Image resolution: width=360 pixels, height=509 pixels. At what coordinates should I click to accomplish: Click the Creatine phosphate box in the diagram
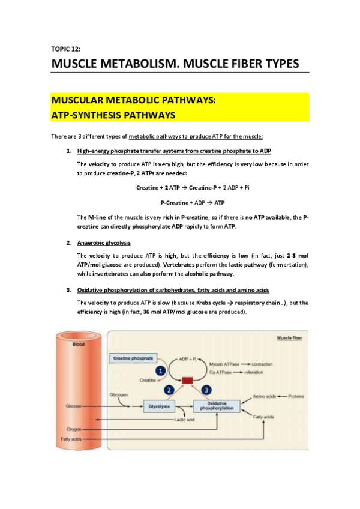(133, 358)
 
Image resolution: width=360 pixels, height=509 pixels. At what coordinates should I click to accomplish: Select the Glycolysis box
(160, 406)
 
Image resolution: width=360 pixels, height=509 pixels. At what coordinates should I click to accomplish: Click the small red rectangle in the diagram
(187, 381)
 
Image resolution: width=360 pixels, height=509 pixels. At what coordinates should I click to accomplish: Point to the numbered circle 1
(161, 372)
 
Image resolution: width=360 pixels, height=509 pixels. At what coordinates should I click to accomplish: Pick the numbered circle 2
(170, 391)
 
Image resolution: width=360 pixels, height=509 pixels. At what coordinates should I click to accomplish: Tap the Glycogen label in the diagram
(118, 394)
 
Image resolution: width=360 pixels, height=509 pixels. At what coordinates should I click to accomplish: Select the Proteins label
(298, 396)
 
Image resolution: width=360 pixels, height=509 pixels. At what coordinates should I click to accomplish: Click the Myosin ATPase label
(224, 364)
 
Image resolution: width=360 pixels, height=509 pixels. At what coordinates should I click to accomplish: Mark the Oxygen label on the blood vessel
(74, 429)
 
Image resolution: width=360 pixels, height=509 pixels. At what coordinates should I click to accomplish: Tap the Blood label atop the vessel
(79, 344)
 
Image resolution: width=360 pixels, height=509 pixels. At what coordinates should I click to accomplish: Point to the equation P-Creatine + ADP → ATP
(193, 202)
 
